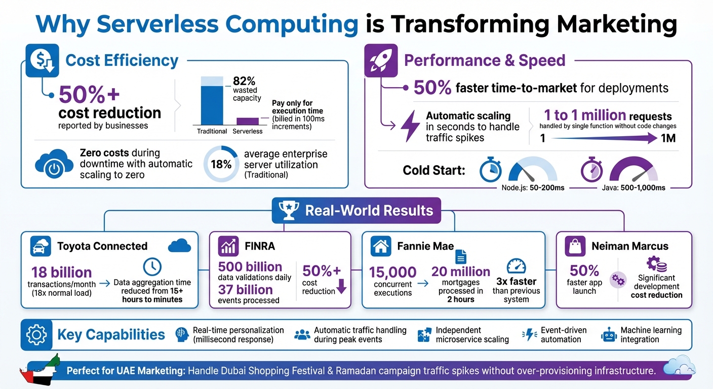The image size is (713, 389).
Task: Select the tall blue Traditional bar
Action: [211, 105]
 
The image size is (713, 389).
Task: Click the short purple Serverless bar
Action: [247, 121]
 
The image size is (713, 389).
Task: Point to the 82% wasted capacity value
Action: [244, 81]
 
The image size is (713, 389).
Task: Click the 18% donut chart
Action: [220, 164]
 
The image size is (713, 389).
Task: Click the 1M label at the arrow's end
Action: [668, 138]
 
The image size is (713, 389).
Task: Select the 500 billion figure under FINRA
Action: [250, 267]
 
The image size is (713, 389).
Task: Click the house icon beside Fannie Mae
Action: [381, 246]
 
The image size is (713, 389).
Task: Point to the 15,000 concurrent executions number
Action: [392, 272]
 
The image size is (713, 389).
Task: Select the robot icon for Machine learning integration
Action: [608, 335]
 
